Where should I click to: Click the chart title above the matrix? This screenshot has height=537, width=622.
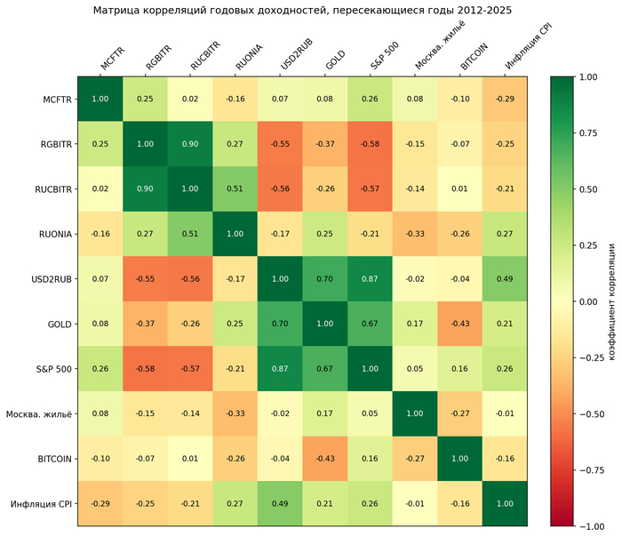point(302,11)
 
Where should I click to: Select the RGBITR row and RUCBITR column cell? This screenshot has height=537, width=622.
point(190,144)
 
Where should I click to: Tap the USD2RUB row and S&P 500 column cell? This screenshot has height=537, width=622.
point(370,278)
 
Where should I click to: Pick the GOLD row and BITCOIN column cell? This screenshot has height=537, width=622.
point(459,324)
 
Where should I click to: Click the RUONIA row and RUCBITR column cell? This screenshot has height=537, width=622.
point(190,234)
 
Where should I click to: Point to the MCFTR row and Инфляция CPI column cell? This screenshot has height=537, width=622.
point(505,99)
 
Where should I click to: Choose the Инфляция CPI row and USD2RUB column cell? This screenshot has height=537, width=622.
point(280,504)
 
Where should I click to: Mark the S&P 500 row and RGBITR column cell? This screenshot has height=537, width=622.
point(145,369)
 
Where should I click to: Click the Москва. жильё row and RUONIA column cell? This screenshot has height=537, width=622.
point(235,413)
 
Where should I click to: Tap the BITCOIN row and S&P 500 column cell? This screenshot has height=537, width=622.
point(370,459)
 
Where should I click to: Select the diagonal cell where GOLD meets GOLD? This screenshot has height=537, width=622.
point(325,324)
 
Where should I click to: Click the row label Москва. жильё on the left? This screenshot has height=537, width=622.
point(39,414)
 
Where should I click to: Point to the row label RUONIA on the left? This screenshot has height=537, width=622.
point(55,234)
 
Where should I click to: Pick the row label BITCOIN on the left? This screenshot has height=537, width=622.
point(55,460)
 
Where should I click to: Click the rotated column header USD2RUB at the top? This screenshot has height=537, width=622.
point(297,54)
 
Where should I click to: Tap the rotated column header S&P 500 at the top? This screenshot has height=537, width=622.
point(385,55)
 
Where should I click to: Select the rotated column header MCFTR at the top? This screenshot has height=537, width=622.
point(113,59)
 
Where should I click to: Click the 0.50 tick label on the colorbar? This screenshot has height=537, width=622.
point(588,189)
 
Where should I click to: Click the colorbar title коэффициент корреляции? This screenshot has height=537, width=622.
point(611,302)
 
